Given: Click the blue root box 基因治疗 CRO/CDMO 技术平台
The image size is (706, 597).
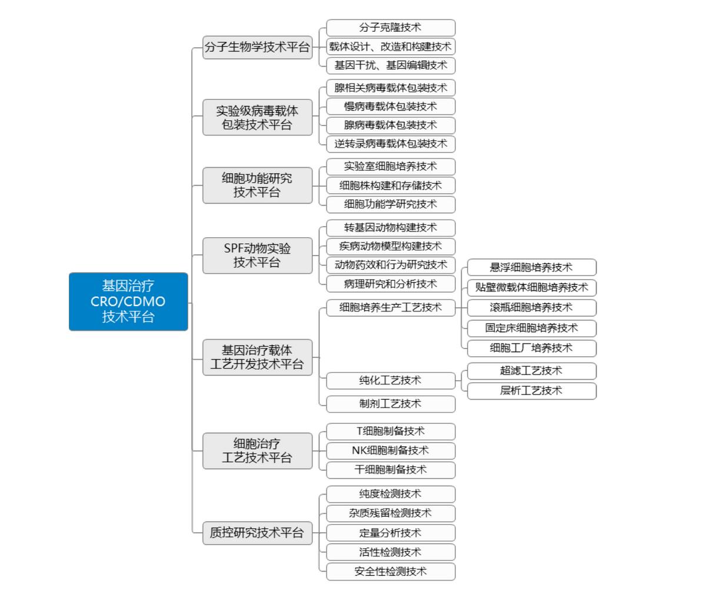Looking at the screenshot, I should [128, 301].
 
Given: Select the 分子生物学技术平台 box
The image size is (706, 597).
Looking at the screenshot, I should [257, 47].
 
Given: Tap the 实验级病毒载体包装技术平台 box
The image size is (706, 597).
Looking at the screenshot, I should [257, 118].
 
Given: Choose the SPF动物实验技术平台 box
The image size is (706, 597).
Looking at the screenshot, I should [257, 256].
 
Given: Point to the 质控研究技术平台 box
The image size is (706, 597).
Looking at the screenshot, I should [257, 533].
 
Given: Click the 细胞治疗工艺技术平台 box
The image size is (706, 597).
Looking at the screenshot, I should [257, 451].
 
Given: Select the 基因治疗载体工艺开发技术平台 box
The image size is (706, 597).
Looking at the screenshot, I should [257, 357].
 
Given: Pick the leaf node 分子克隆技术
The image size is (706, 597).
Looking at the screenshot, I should [391, 28].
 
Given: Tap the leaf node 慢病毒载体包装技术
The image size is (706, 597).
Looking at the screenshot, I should [391, 107].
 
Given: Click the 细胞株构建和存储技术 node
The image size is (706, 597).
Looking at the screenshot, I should [391, 185].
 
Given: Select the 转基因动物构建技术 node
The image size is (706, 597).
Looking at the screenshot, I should [391, 228].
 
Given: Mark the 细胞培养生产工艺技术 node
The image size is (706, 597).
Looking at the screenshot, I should [391, 307].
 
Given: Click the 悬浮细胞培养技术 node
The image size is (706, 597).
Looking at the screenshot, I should [531, 267].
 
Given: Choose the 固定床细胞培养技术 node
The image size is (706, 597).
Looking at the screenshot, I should [531, 328].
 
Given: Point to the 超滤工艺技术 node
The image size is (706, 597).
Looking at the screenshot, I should [531, 371].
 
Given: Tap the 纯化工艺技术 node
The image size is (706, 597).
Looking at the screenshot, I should [391, 381].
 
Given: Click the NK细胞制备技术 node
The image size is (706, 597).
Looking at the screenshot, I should [391, 451].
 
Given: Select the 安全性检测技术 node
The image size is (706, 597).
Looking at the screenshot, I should [391, 572].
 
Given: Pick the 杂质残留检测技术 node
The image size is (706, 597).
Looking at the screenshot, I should [391, 513].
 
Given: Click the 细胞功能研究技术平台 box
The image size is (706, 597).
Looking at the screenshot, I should [257, 185].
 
